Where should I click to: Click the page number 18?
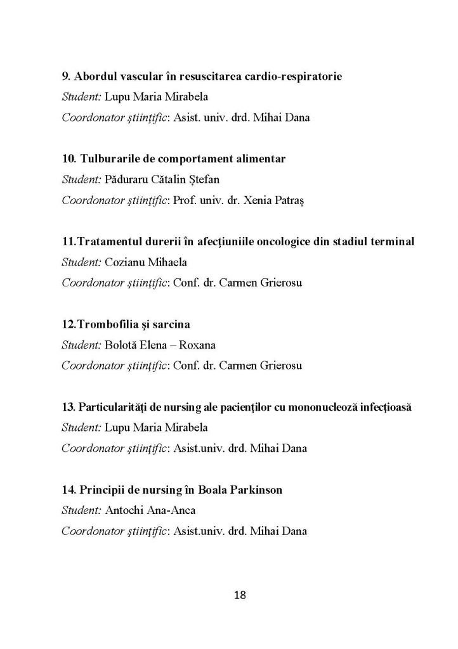[x=240, y=595]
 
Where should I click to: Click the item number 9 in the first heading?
[x=65, y=77]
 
